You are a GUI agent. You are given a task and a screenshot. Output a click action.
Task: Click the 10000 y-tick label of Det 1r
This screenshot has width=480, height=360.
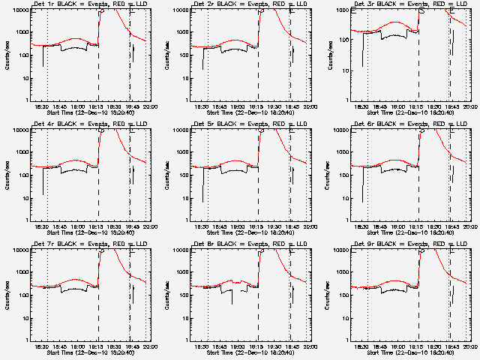pyautogui.click(x=20, y=10)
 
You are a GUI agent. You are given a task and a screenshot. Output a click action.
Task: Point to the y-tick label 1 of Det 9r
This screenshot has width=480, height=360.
pyautogui.click(x=348, y=340)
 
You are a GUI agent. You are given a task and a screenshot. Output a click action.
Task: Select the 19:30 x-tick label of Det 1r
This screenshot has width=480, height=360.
pyautogui.click(x=112, y=107)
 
